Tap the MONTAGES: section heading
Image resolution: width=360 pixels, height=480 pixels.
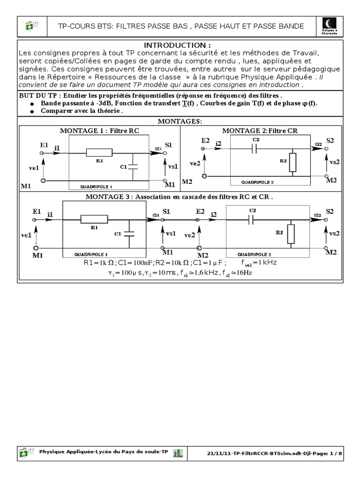point(180,121)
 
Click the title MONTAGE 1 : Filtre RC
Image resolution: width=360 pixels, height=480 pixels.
point(99,130)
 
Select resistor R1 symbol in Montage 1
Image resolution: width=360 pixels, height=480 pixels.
point(99,152)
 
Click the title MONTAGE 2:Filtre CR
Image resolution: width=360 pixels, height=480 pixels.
point(260,130)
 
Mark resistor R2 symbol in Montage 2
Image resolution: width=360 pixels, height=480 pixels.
point(293,162)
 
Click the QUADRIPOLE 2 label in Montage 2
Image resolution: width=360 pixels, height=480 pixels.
point(257,182)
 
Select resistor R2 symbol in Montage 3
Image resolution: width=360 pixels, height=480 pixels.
point(292,234)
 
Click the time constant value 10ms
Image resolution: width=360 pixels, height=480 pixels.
point(157,272)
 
